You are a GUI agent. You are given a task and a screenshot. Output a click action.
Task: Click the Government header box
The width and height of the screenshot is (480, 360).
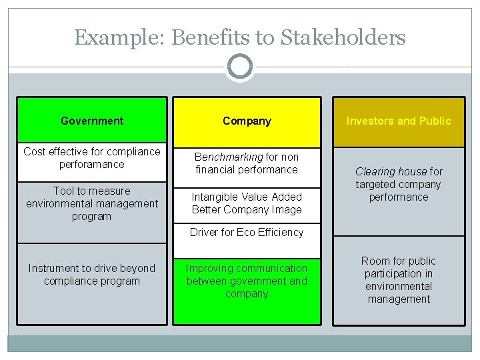pos(92,121)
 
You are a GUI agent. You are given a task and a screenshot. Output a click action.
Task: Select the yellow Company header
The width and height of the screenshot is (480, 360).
pos(247,121)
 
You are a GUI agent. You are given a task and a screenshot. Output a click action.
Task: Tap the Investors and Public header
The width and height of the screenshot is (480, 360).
pos(399,121)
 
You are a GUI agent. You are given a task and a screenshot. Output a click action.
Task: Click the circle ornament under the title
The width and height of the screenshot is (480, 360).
pos(240,67)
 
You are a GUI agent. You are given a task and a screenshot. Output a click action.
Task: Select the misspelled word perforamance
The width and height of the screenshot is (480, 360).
pos(92,164)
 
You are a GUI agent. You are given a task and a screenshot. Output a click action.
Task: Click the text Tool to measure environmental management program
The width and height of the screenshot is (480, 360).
pos(92,203)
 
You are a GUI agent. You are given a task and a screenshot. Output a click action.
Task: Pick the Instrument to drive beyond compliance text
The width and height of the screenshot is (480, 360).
pos(92,274)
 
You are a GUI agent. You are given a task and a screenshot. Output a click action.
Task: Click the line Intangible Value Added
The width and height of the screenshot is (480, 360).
pos(247,197)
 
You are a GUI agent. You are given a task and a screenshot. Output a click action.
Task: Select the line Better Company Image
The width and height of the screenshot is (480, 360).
pos(247,209)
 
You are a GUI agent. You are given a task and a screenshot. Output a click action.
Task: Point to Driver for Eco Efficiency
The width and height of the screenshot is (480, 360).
pos(247,232)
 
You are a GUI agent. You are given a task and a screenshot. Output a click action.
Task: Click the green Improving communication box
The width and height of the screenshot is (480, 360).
pos(247,281)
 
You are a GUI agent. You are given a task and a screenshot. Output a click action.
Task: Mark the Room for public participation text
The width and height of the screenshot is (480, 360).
pos(399,279)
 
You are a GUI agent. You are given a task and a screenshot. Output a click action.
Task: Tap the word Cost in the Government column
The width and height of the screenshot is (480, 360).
pos(34,151)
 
